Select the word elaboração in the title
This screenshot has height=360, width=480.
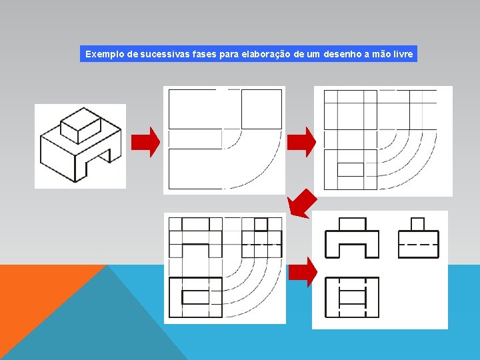click(264, 54)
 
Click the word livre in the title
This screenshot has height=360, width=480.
click(400, 54)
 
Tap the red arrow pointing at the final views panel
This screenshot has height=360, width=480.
click(302, 272)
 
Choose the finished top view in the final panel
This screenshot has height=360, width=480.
click(352, 297)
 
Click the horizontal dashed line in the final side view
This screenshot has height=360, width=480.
click(418, 244)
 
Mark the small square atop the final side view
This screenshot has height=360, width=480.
click(418, 224)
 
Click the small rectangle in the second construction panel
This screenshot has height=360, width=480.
click(350, 169)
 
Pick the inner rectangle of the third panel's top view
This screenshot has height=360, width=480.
click(195, 297)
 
